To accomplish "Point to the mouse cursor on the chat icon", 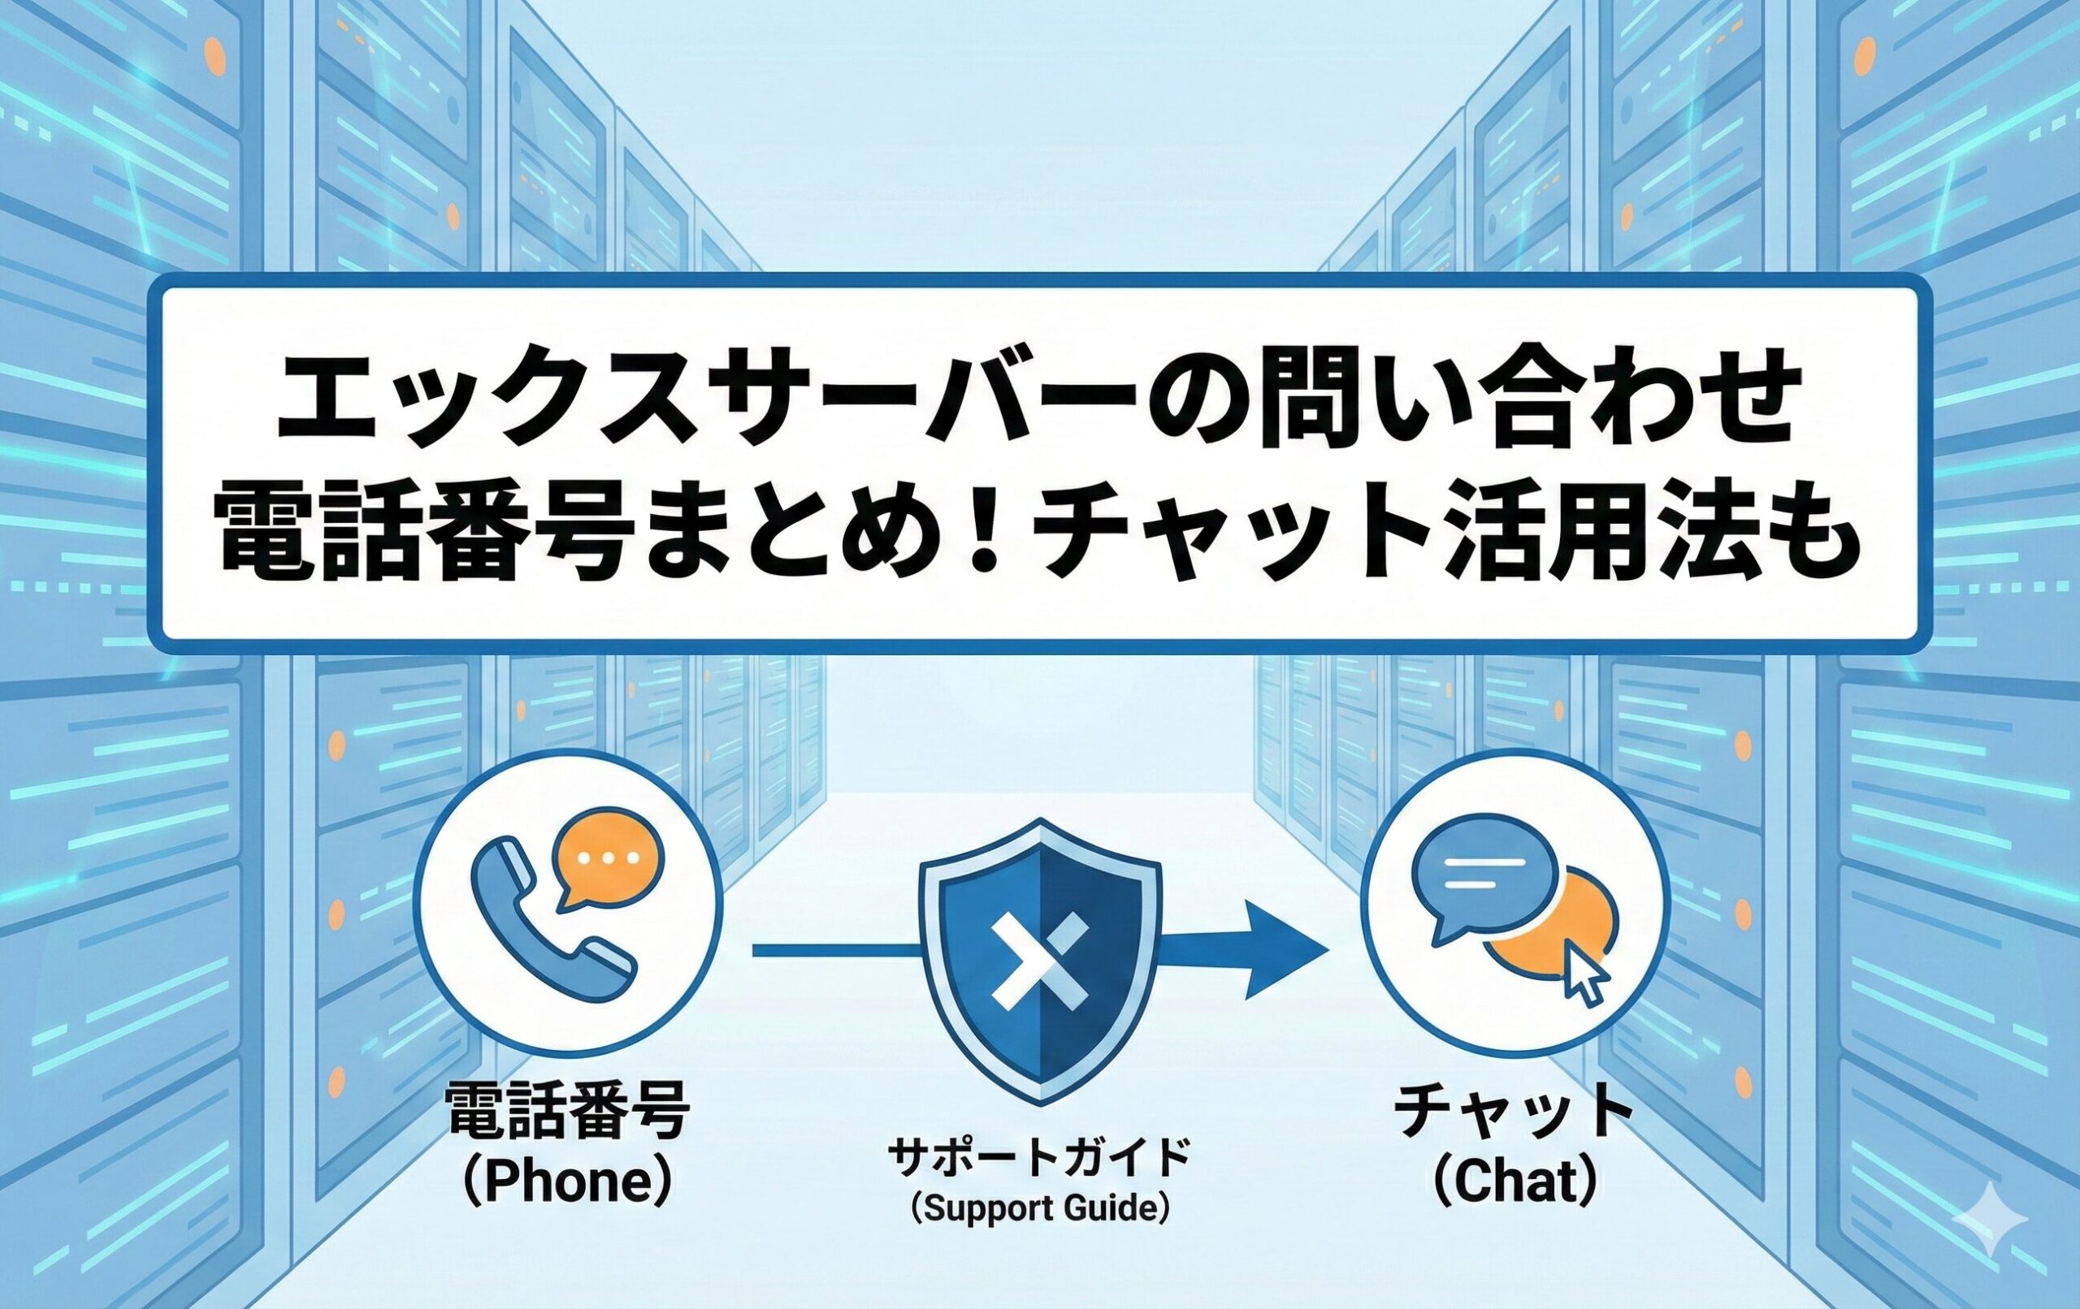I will tap(1587, 979).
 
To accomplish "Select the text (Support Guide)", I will tap(1040, 1206).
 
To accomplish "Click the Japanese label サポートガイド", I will tap(1040, 1156).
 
